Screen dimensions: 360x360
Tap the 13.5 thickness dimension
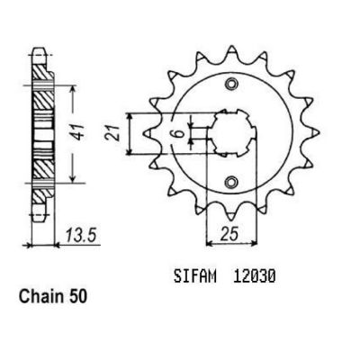(80, 235)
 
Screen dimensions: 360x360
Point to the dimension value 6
(180, 133)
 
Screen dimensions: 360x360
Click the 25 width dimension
(229, 233)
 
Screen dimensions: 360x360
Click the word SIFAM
(194, 276)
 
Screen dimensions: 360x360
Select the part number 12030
(254, 276)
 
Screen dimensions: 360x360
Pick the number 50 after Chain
(77, 297)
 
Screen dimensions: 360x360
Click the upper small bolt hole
(231, 84)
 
